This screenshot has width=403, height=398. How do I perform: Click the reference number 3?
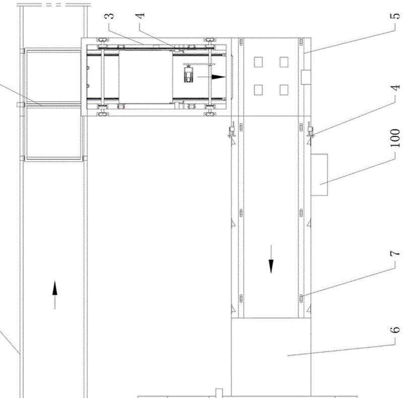coord(109,16)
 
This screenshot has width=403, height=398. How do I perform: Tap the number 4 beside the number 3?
coord(140,16)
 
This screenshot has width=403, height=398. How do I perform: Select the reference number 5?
coord(395,16)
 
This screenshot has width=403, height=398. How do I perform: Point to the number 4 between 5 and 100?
coord(395,88)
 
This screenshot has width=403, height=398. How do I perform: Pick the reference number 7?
coord(395,254)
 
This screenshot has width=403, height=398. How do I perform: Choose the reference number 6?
coord(395,330)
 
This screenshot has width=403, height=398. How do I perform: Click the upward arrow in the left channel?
coord(55,295)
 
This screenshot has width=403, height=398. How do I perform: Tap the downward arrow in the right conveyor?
coord(271,259)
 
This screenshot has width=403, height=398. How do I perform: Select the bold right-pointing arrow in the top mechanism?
coord(211,77)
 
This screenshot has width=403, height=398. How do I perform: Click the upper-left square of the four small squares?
coord(258,62)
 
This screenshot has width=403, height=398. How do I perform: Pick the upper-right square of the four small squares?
coord(284,62)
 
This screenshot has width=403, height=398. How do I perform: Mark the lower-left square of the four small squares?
coord(258,90)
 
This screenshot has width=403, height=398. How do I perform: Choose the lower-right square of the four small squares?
coord(284,90)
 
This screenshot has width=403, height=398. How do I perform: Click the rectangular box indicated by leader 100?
coord(319,175)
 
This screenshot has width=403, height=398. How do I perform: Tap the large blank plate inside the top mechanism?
coord(146,77)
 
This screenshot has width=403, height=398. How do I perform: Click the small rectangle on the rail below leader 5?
coord(306,77)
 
